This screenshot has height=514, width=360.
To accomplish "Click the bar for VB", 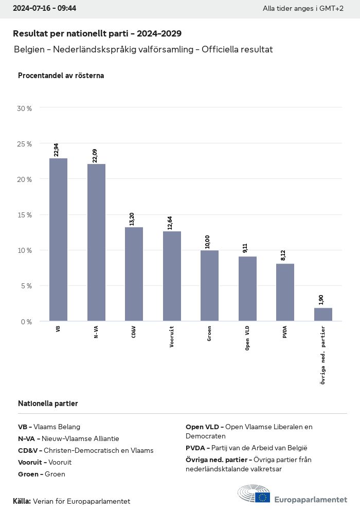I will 58,240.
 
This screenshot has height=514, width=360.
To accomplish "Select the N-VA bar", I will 96,243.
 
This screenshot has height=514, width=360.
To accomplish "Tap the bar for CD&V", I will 134,274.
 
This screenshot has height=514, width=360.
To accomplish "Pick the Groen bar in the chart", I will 209,286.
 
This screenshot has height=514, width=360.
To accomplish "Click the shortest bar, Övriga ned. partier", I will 323,315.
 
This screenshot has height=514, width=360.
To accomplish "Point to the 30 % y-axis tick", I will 25,108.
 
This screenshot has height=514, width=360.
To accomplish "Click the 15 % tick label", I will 25,215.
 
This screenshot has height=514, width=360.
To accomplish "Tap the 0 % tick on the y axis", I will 26,322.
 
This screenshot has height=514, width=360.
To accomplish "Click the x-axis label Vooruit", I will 172,337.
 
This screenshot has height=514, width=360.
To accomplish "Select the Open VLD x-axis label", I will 247,338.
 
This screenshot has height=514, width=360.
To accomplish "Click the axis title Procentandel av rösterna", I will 61,76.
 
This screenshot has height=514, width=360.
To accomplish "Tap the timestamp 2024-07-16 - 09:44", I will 44,8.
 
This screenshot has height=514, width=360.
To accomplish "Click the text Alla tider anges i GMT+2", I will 303,9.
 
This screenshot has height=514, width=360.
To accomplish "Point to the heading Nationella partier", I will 48,403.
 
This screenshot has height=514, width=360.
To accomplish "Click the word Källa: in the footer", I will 22,501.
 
